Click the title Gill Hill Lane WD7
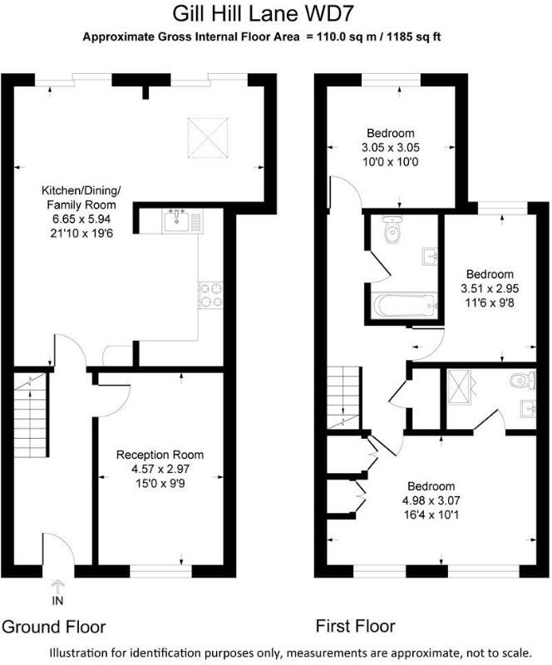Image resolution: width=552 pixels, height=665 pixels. click(275, 14)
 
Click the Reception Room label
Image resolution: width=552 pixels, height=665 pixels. click(160, 455)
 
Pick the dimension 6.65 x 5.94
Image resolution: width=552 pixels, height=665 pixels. click(81, 219)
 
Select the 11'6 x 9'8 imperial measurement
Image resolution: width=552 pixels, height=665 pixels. click(489, 302)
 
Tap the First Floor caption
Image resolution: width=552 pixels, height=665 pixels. click(355, 626)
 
